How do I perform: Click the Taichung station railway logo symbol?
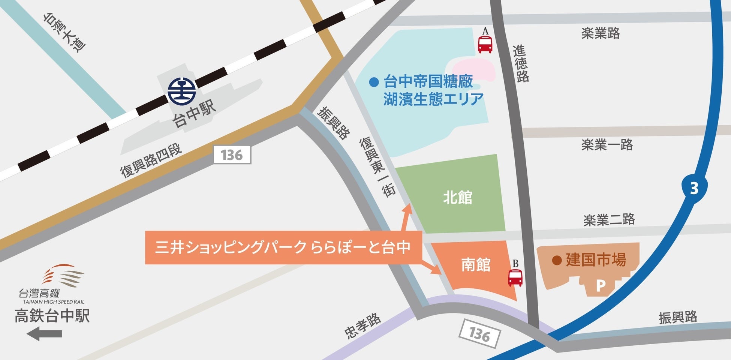pos(181,91)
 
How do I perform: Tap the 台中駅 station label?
pos(195,114)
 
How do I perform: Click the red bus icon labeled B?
pos(515,277)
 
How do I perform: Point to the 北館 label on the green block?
pos(457,197)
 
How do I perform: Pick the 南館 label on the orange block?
pos(476,265)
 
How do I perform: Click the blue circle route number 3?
pos(694,188)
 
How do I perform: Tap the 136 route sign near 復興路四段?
pos(232,155)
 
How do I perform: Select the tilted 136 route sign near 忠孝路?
pos(479,333)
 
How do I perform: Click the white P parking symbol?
pos(601,286)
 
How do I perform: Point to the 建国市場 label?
pos(596,259)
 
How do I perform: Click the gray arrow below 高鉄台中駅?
pos(44,333)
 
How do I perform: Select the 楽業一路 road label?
pos(607,144)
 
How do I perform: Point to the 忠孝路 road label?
pos(362,326)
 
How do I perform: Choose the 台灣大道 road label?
pos(64,32)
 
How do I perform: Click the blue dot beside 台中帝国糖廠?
pos(374,82)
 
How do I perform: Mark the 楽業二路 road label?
pos(609,219)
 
